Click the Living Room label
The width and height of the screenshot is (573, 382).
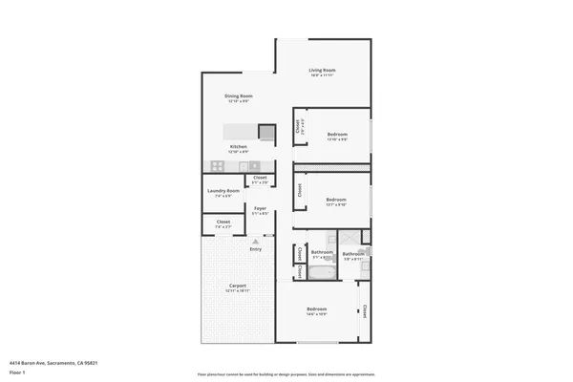coord(322,71)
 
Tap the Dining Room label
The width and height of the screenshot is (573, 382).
coord(238,95)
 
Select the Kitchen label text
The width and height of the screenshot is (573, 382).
coord(238,146)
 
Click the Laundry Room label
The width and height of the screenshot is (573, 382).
coord(223,191)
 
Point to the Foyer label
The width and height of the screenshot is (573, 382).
coord(259,208)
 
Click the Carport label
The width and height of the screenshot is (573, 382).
coord(237,286)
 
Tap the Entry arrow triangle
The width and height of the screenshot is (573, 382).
coord(255,243)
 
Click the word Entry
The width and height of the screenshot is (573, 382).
coord(255,250)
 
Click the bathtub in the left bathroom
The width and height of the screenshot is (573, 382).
coord(321,272)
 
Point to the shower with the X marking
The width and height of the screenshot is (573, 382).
coord(350,239)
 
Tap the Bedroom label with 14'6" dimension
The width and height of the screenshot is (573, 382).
coord(317,308)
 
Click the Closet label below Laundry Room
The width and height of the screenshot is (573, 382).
coord(223,223)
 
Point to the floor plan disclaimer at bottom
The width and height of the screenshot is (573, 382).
coord(286,374)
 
